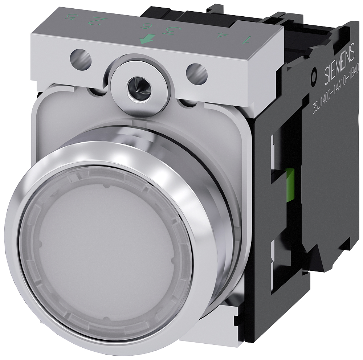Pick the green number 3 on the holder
168,31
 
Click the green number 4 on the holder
219,35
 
